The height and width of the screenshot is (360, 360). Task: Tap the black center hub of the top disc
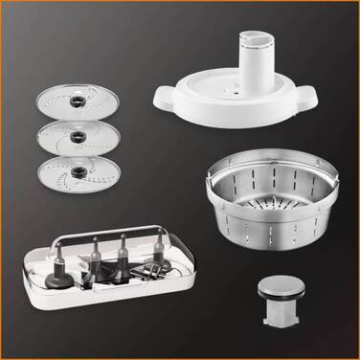(x=72, y=98)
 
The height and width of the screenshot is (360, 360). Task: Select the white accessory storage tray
(x=106, y=278)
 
